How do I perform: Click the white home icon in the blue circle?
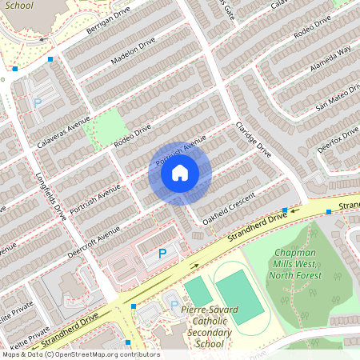[x=180, y=172]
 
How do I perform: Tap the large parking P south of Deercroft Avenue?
[x=162, y=254]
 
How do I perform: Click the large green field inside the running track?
[x=238, y=296]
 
